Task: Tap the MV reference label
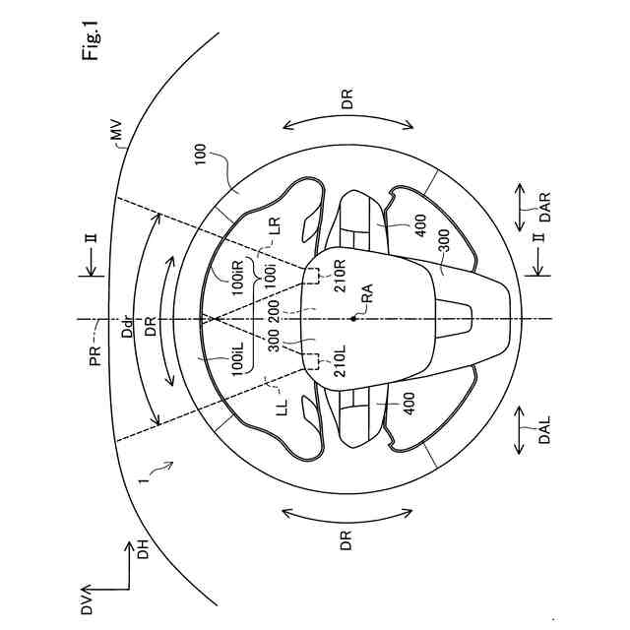118,131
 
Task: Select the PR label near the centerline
95,355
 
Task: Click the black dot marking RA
353,319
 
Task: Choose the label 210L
340,360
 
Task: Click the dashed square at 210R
312,276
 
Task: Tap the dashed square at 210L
312,361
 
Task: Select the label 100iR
237,278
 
